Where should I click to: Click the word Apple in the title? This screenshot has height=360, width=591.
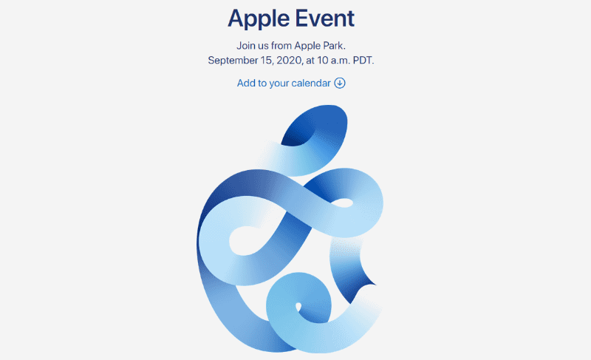click(x=259, y=19)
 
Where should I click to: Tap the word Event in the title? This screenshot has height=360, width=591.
click(x=325, y=18)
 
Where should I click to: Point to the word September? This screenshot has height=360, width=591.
click(x=232, y=61)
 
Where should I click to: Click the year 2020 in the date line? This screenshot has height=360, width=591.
click(x=290, y=61)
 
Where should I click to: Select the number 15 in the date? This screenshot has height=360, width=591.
click(x=267, y=61)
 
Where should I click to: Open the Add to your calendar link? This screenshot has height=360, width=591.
click(x=291, y=84)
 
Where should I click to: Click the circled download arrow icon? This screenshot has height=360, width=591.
click(x=340, y=83)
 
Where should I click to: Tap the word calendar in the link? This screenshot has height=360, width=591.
click(x=311, y=83)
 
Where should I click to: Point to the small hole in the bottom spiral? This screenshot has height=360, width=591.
click(x=298, y=308)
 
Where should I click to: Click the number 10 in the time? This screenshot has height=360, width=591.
click(x=323, y=61)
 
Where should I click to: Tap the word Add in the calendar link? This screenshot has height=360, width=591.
click(x=246, y=83)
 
